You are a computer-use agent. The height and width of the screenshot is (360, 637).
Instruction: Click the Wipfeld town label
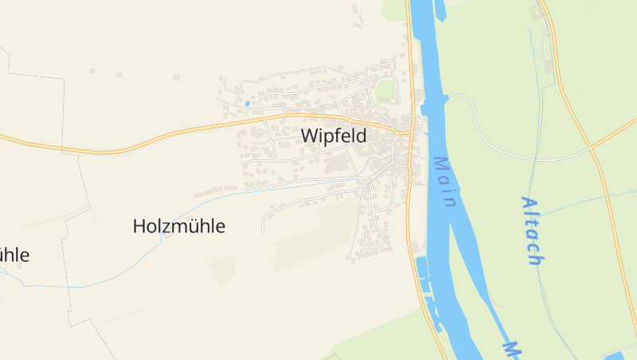click(x=334, y=136)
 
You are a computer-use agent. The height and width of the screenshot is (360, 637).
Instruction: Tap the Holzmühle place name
click(x=178, y=226)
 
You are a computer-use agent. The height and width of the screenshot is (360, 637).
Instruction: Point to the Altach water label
click(x=532, y=230)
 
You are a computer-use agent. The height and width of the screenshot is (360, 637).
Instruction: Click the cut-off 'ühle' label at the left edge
click(x=14, y=255)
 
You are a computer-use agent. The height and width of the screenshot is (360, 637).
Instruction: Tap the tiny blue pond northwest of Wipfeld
click(x=248, y=104)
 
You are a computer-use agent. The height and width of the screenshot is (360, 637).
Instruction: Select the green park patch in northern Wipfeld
click(x=385, y=89)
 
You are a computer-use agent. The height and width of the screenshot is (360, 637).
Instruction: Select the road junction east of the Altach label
click(x=592, y=147)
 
